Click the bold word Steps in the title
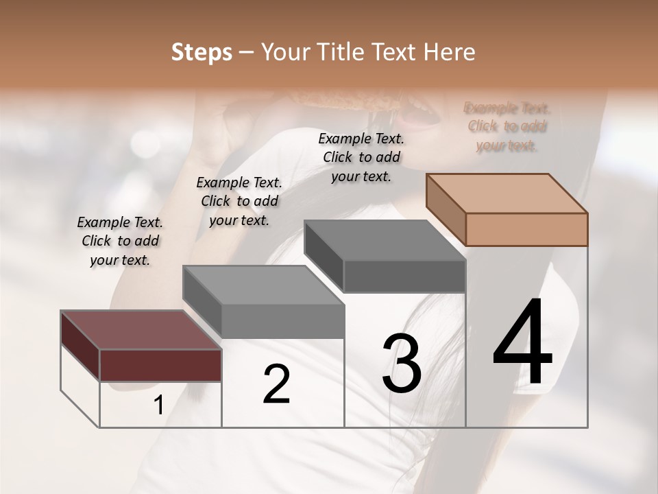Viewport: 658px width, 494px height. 202,53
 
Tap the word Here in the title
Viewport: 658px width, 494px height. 449,53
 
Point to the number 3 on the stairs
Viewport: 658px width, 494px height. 402,363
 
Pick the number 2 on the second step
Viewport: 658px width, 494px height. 276,384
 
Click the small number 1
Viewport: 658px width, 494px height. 158,405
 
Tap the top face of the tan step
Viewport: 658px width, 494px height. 507,193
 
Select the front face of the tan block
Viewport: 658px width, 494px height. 526,229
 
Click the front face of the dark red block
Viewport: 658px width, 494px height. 160,365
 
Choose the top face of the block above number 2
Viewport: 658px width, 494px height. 264,284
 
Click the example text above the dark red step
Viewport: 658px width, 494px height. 120,241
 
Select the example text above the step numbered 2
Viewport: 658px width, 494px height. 239,201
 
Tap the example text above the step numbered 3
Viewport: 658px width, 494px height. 361,157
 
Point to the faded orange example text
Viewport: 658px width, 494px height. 507,126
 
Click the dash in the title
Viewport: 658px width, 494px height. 247,53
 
